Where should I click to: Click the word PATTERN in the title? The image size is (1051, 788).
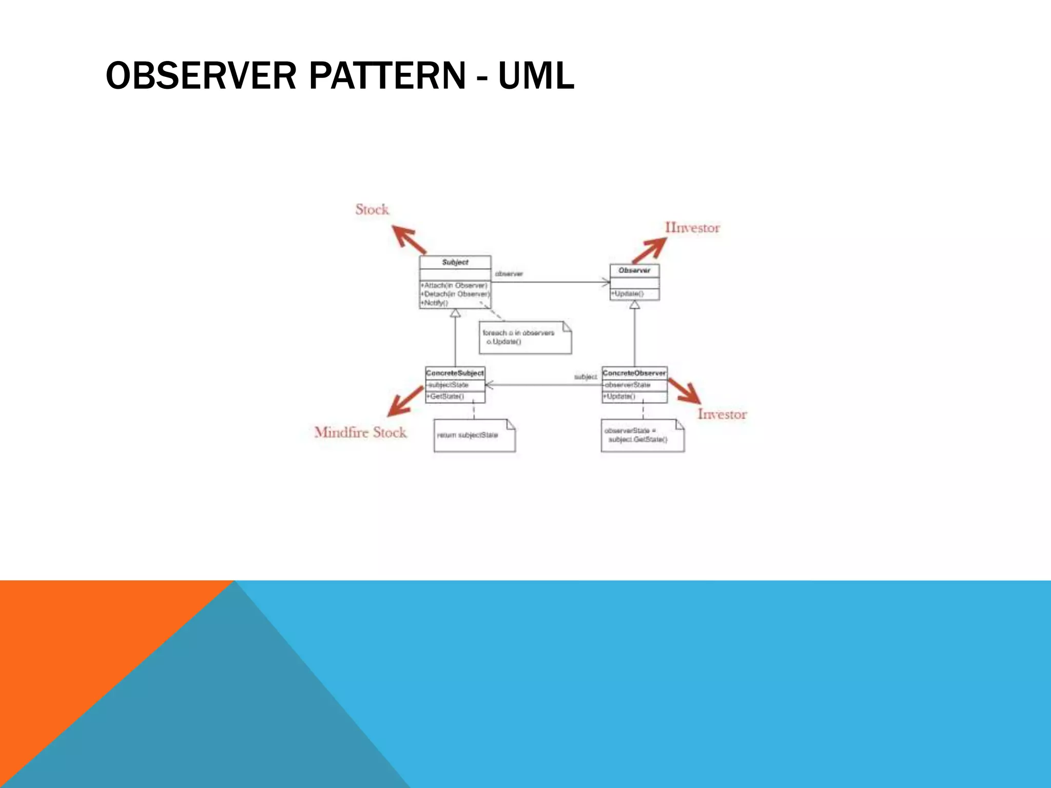pyautogui.click(x=387, y=75)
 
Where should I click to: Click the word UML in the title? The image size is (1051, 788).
pyautogui.click(x=536, y=75)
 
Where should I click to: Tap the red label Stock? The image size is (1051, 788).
pyautogui.click(x=372, y=209)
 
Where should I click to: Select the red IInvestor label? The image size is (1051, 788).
pyautogui.click(x=692, y=227)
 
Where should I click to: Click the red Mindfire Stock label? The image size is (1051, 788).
pyautogui.click(x=360, y=432)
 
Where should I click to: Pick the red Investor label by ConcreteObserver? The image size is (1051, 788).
pyautogui.click(x=722, y=414)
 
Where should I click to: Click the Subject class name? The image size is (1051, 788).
pyautogui.click(x=455, y=262)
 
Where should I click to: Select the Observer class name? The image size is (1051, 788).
pyautogui.click(x=634, y=270)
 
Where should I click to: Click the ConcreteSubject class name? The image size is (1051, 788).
pyautogui.click(x=455, y=373)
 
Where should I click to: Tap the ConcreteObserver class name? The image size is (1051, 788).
pyautogui.click(x=634, y=373)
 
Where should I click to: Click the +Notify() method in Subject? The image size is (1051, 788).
pyautogui.click(x=435, y=303)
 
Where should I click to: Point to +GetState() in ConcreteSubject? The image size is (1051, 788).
pyautogui.click(x=446, y=396)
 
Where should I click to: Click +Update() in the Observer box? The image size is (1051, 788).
pyautogui.click(x=627, y=293)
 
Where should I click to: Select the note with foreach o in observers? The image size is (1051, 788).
pyautogui.click(x=524, y=338)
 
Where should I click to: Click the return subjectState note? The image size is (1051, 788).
pyautogui.click(x=474, y=436)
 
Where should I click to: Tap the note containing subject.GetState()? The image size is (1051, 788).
pyautogui.click(x=642, y=436)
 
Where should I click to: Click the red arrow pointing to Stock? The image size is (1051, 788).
pyautogui.click(x=408, y=239)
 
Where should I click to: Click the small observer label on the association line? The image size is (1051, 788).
pyautogui.click(x=509, y=274)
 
